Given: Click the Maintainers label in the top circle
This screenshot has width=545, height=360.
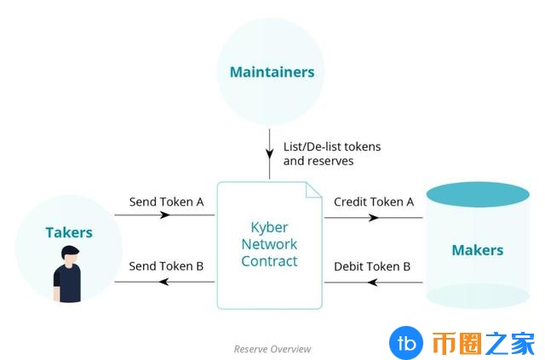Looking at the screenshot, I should (x=272, y=72).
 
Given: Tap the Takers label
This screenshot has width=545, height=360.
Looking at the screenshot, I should (x=68, y=232).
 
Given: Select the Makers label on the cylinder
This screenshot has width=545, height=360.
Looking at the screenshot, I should (x=477, y=250).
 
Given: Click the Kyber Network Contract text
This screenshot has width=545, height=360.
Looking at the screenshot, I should (x=269, y=244).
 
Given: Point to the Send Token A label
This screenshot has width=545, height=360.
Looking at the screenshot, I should (x=166, y=203).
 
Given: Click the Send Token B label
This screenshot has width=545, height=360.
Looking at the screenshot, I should (x=166, y=266).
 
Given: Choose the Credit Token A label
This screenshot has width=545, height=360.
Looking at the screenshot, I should (x=374, y=203).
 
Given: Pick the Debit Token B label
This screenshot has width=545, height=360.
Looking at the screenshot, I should (x=372, y=266).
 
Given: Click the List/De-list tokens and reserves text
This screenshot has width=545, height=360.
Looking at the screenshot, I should (x=332, y=153).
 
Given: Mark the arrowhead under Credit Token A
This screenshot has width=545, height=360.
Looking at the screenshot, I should (x=373, y=217).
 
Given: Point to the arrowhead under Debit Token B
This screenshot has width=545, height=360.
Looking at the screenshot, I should (x=372, y=283).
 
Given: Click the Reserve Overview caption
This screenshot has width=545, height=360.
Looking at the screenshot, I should (x=272, y=349).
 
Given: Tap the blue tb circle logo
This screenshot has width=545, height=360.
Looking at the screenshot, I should (x=406, y=343).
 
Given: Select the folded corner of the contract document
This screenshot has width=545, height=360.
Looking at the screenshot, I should (x=314, y=190).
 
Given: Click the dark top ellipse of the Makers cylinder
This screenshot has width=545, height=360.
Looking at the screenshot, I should (x=478, y=194).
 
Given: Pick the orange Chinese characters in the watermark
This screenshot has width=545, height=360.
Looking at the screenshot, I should (x=484, y=343).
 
